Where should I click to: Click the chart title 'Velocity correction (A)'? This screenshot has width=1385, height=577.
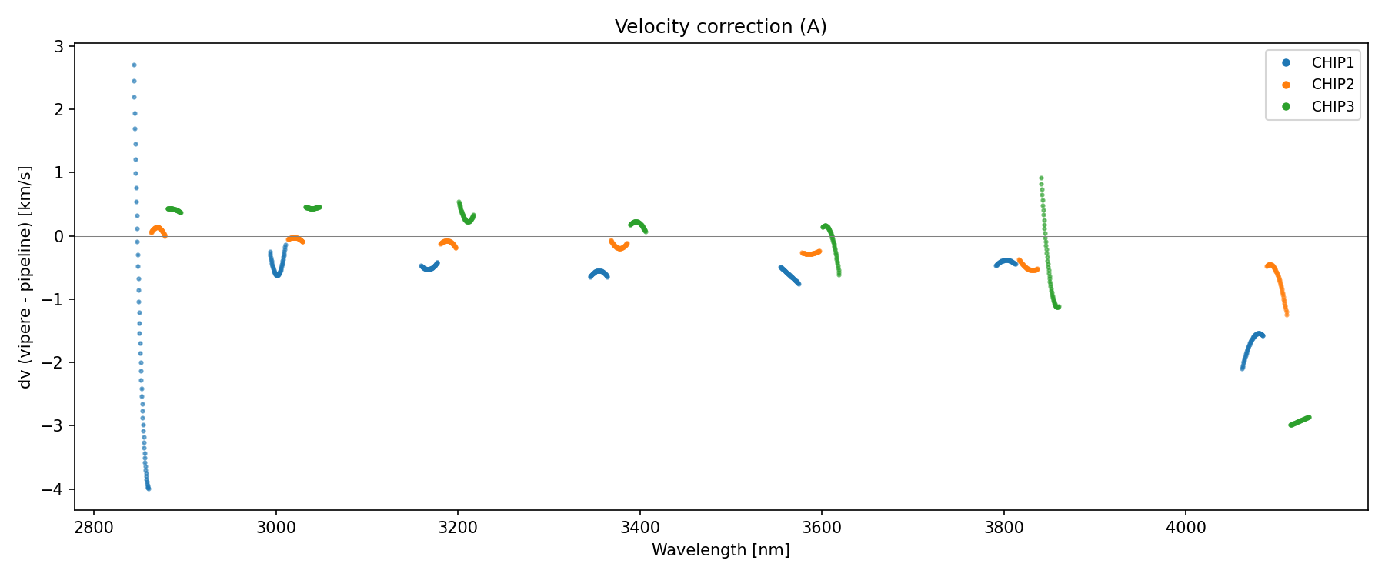click(x=720, y=27)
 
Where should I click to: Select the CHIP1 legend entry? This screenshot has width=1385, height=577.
click(x=1332, y=63)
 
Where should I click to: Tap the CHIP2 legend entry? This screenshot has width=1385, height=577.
click(x=1332, y=85)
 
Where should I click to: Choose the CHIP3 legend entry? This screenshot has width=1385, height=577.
click(x=1332, y=107)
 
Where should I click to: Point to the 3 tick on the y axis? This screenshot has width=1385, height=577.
click(x=58, y=47)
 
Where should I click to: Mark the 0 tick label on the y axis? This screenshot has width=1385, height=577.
click(x=58, y=236)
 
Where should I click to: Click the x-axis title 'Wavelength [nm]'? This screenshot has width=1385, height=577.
click(x=720, y=550)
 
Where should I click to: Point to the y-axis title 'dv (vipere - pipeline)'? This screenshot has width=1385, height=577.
click(x=25, y=277)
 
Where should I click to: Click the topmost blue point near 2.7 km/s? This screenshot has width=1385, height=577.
click(x=134, y=65)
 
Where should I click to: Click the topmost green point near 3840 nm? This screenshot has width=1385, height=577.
click(x=1041, y=178)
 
